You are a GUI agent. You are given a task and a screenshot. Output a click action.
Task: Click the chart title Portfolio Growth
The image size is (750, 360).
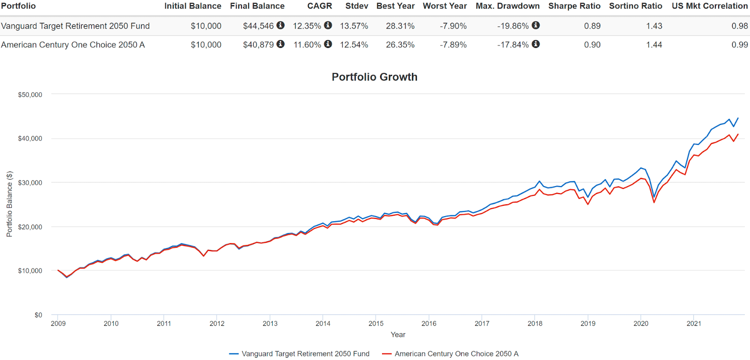click(374, 77)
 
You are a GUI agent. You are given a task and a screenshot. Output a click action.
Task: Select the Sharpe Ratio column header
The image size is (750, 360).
click(574, 6)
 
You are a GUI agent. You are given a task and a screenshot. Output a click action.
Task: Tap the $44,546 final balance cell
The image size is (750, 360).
click(258, 26)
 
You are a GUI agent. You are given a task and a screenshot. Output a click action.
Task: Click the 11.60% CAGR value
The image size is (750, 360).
click(307, 45)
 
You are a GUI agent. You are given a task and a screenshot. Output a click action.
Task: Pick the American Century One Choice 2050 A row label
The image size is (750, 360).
click(73, 45)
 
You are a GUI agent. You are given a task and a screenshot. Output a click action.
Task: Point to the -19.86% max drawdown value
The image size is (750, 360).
click(513, 26)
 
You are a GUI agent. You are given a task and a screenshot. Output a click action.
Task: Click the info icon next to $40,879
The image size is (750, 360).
click(280, 44)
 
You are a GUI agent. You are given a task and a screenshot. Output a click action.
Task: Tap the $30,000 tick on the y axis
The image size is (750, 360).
click(30, 183)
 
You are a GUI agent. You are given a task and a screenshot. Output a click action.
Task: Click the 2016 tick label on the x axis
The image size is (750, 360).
click(428, 323)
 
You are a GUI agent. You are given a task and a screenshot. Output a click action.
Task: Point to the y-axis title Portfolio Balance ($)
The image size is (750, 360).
click(9, 204)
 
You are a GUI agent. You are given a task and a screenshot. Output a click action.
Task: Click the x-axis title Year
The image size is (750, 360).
click(397, 335)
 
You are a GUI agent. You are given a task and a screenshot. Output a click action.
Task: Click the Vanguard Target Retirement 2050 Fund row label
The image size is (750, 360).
click(75, 26)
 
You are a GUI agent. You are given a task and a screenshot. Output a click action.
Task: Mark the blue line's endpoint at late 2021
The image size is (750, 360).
click(738, 118)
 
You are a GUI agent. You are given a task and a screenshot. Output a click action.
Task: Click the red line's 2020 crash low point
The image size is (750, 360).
click(654, 202)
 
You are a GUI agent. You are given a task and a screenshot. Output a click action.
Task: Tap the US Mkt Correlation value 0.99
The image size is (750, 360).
click(739, 45)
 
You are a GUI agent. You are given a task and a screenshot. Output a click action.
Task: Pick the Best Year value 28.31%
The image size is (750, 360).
click(400, 26)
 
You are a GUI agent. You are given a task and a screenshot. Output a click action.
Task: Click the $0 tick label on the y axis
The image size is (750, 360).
click(38, 315)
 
